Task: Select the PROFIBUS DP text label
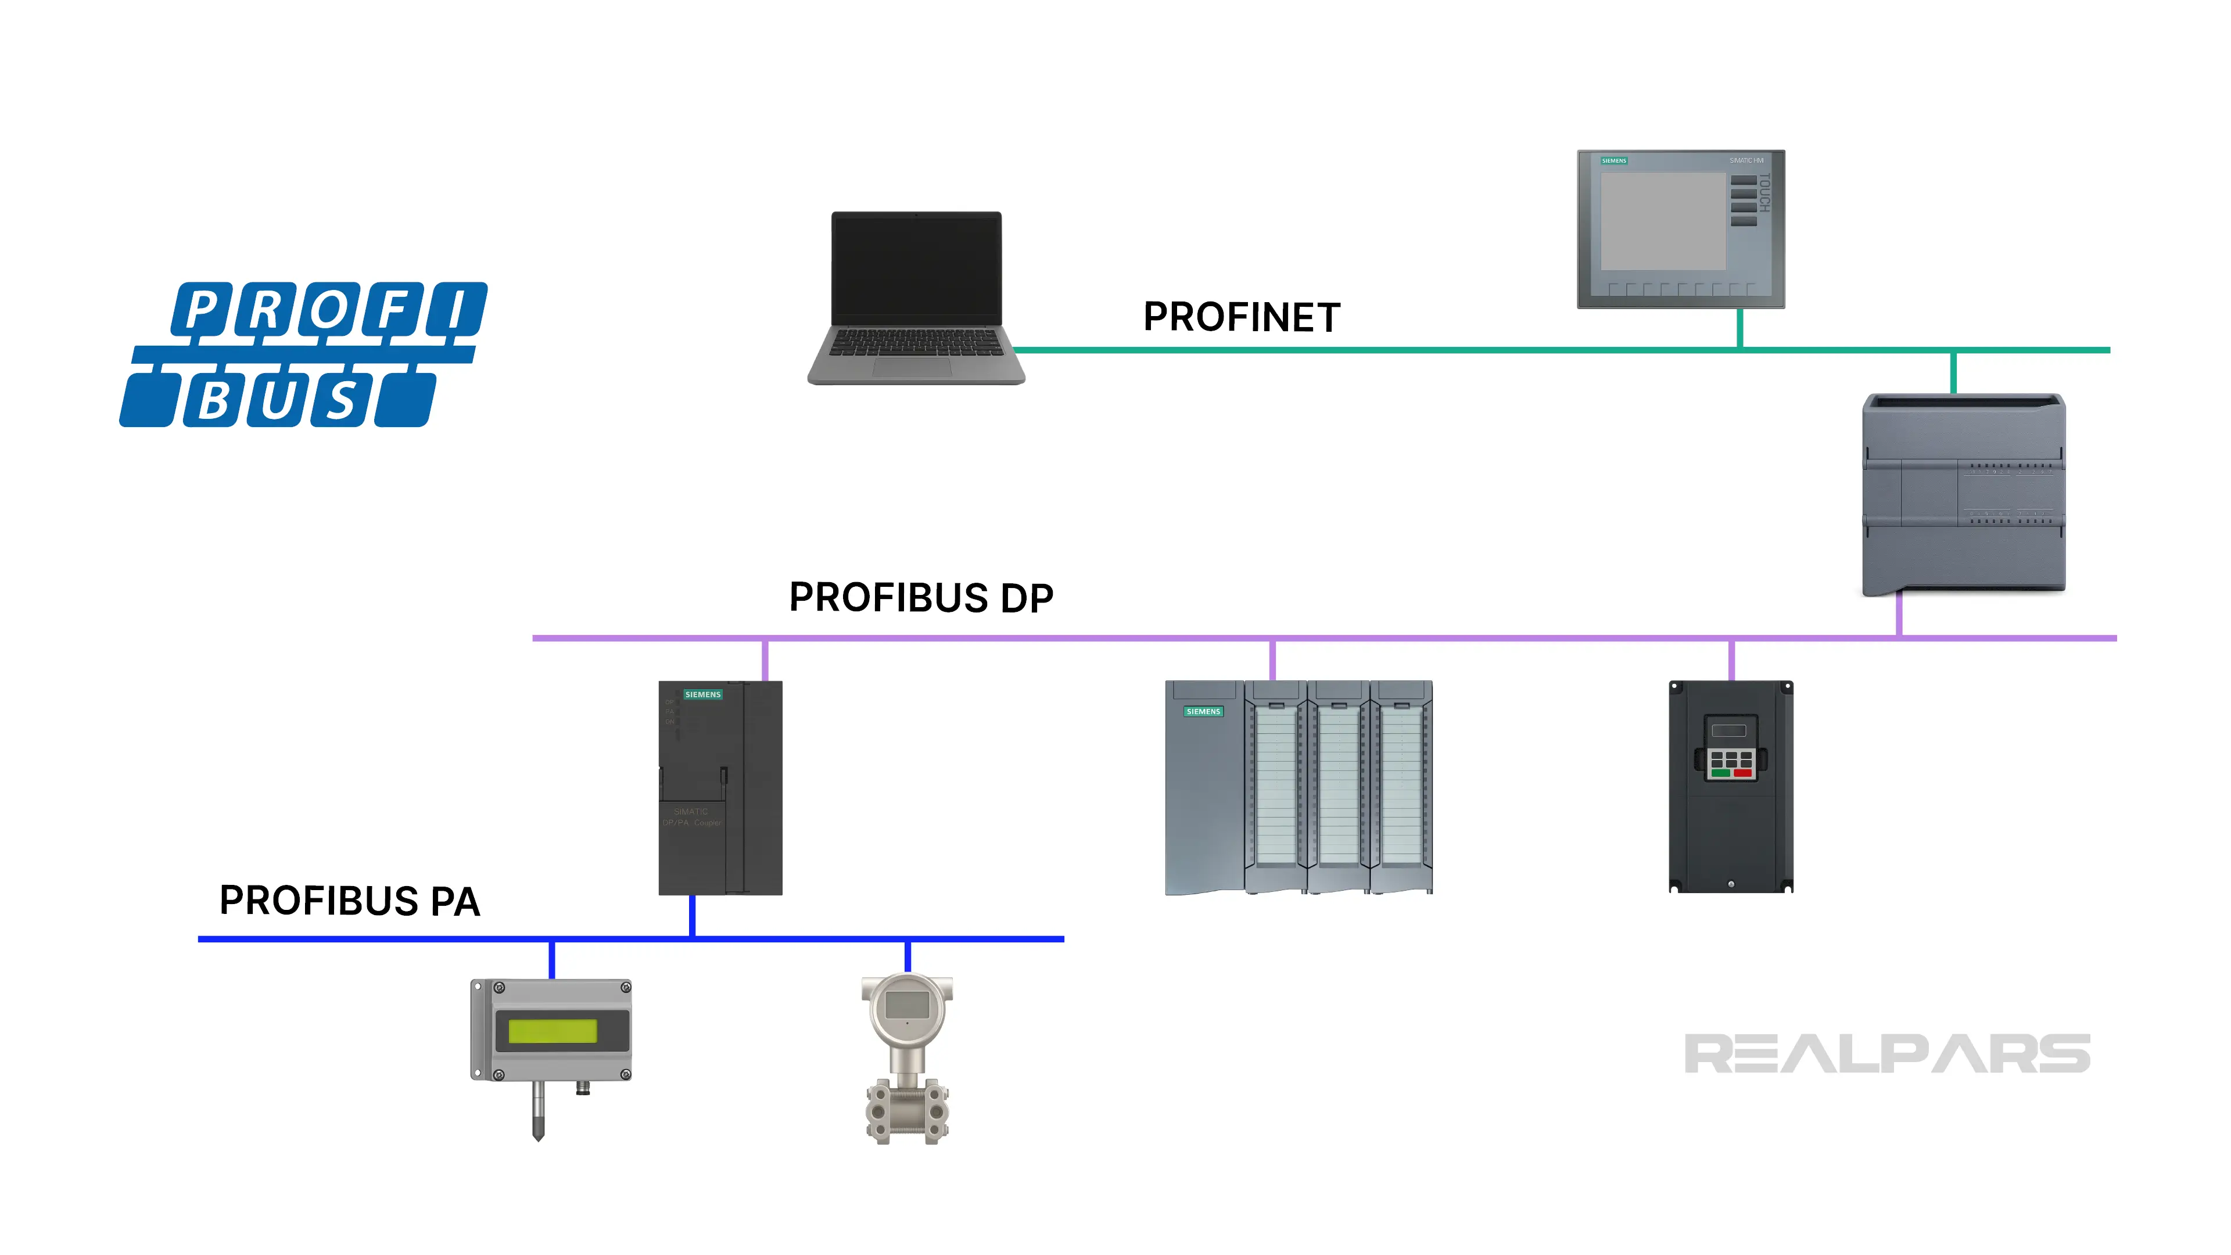coord(921,598)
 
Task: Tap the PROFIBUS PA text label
coord(349,901)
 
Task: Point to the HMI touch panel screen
coord(1662,221)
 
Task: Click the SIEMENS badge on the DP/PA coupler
coord(702,695)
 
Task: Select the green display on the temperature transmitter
coord(553,1031)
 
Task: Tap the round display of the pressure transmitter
coord(907,1006)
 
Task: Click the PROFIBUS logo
coord(303,354)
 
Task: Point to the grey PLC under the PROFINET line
coord(1963,494)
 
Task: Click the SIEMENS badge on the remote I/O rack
coord(1203,712)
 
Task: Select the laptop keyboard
coord(916,343)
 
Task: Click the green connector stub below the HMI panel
coord(1740,328)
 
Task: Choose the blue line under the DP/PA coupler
coord(692,916)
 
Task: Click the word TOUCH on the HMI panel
coord(1764,193)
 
